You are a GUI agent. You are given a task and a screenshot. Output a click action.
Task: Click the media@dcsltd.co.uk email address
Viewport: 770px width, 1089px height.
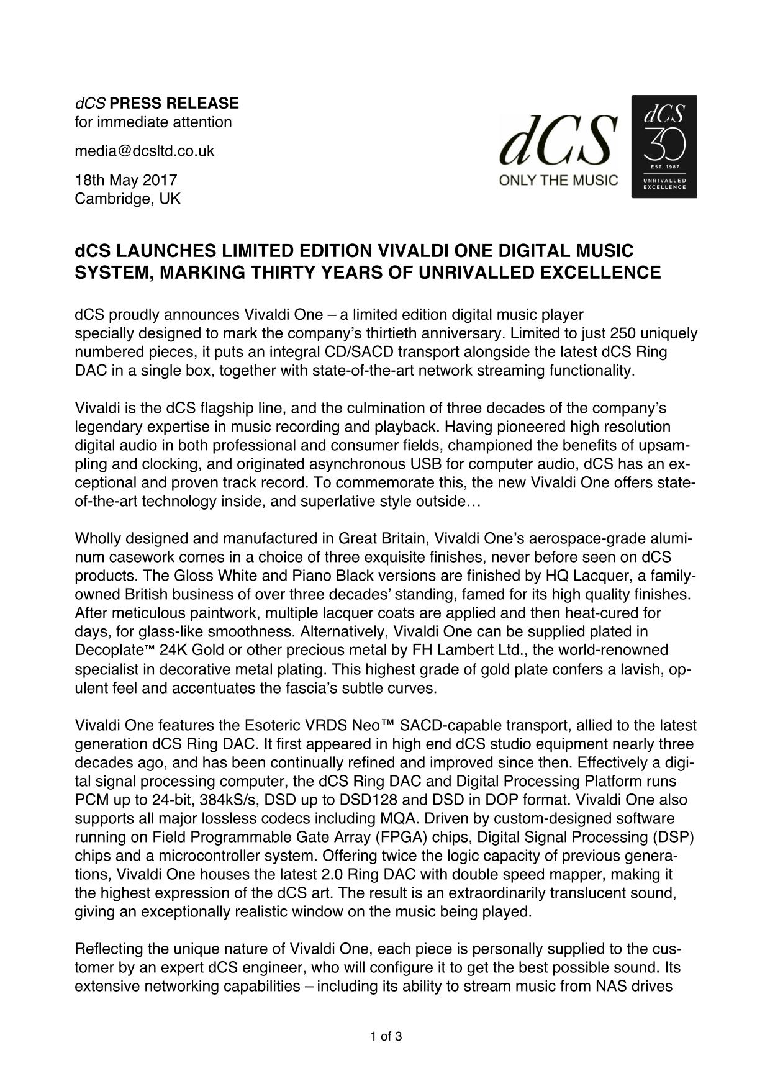(144, 151)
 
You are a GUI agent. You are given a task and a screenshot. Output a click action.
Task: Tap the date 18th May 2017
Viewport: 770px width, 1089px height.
(126, 180)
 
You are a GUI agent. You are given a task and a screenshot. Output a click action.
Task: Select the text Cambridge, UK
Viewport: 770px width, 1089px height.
(127, 199)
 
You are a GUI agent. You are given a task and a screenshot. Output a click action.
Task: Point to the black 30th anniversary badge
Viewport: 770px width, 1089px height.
(664, 147)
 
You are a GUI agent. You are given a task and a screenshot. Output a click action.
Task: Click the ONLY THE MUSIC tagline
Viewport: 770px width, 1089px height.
(559, 181)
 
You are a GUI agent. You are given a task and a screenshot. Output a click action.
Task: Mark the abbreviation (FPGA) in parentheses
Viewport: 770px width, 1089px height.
(397, 837)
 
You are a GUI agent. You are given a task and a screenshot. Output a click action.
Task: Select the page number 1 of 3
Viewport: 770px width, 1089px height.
(386, 1036)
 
